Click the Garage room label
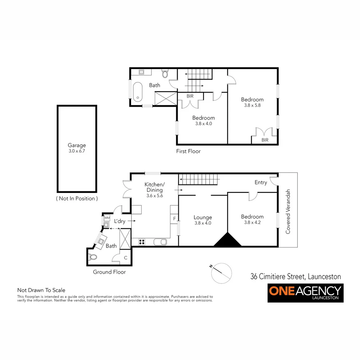pyautogui.click(x=77, y=145)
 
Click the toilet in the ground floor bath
pyautogui.click(x=93, y=257)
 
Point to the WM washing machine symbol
pyautogui.click(x=107, y=218)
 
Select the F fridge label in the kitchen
pyautogui.click(x=174, y=219)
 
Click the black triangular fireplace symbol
pyautogui.click(x=228, y=240)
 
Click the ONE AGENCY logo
pyautogui.click(x=305, y=293)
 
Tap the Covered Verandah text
pyautogui.click(x=289, y=211)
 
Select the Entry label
pyautogui.click(x=261, y=182)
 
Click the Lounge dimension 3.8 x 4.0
pyautogui.click(x=203, y=223)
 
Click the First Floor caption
pyautogui.click(x=188, y=151)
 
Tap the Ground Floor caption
pyautogui.click(x=109, y=272)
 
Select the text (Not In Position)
pyautogui.click(x=77, y=198)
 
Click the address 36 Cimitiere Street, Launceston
pyautogui.click(x=296, y=276)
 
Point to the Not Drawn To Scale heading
pyautogui.click(x=41, y=290)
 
